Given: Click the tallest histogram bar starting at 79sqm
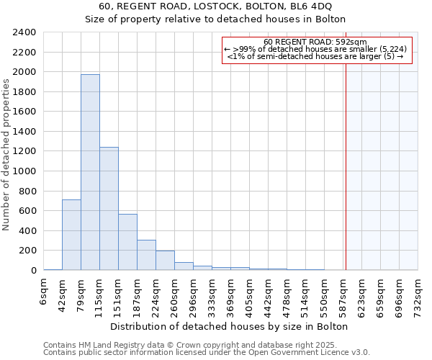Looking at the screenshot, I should pyautogui.click(x=90, y=172).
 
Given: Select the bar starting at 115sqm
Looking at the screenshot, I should pyautogui.click(x=109, y=209).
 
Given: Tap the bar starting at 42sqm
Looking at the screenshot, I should pyautogui.click(x=71, y=235).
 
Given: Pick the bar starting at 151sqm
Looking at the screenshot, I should pyautogui.click(x=127, y=242).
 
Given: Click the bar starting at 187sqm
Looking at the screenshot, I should pyautogui.click(x=146, y=255).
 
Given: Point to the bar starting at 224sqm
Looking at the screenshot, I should pyautogui.click(x=165, y=260).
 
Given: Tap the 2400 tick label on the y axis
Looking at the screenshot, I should pyautogui.click(x=24, y=32).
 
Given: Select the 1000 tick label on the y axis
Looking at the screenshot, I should pyautogui.click(x=24, y=171).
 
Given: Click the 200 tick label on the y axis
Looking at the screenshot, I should pyautogui.click(x=27, y=251).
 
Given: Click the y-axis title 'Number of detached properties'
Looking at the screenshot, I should pyautogui.click(x=6, y=151).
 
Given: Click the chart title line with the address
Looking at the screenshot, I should pyautogui.click(x=215, y=6).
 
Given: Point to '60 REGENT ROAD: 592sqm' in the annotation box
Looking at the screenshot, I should pyautogui.click(x=315, y=42).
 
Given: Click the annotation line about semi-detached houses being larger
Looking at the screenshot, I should pyautogui.click(x=315, y=55).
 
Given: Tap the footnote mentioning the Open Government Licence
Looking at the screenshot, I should pyautogui.click(x=206, y=353).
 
